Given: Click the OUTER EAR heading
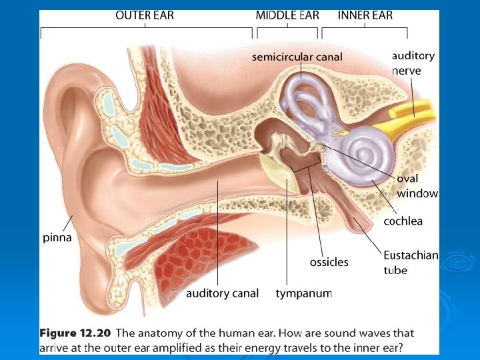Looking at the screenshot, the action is coord(145,15).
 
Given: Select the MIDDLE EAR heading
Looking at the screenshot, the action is coord(287,15).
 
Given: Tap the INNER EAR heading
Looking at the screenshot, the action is coord(365,15).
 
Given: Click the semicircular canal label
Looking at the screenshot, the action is coord(297,57).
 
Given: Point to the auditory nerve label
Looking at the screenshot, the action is coord(413,63).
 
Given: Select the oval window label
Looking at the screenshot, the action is coord(417,186).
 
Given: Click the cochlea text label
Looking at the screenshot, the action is coord(403,221).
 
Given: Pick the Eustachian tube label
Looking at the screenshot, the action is coord(410,262).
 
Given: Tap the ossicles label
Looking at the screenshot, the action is coord(329,262).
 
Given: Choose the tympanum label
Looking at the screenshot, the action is coord(303,293).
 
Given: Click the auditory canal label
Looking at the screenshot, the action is coord(222,293).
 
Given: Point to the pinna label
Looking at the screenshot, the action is coord(57,237).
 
